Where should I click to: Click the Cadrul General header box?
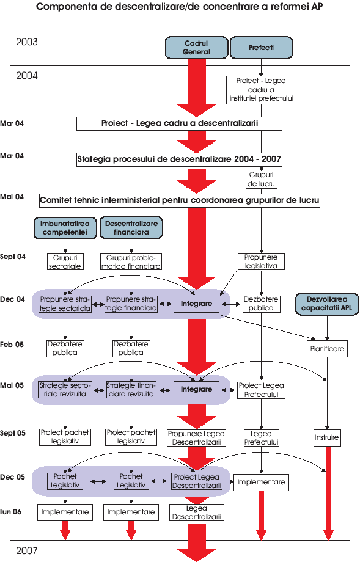pyautogui.click(x=196, y=47)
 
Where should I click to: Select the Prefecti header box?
pyautogui.click(x=262, y=47)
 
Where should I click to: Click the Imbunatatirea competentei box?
pyautogui.click(x=65, y=228)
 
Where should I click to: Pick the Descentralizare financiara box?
pyautogui.click(x=131, y=228)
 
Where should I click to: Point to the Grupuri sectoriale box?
pyautogui.click(x=65, y=261)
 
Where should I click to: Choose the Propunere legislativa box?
pyautogui.click(x=261, y=261)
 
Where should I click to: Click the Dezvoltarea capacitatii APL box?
pyautogui.click(x=327, y=304)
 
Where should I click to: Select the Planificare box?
pyautogui.click(x=327, y=349)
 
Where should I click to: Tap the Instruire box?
pyautogui.click(x=326, y=437)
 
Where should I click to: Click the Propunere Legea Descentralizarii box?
pyautogui.click(x=196, y=438)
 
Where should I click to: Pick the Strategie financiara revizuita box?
pyautogui.click(x=131, y=390)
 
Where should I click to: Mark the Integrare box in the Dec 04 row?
pyautogui.click(x=196, y=304)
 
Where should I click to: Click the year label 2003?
pyautogui.click(x=26, y=42)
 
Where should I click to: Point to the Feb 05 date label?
pyautogui.click(x=12, y=345)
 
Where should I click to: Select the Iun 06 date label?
pyautogui.click(x=11, y=512)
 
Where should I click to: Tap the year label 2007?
pyautogui.click(x=26, y=550)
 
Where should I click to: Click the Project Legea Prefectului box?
pyautogui.click(x=262, y=390)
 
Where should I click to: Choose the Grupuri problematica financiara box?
pyautogui.click(x=131, y=261)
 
